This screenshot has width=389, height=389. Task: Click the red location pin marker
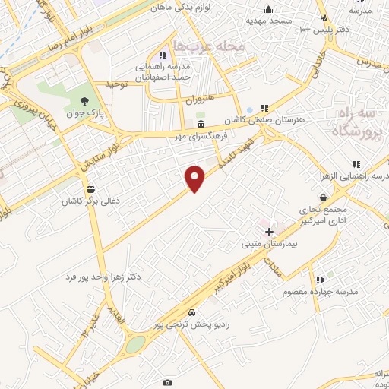pos(195,178)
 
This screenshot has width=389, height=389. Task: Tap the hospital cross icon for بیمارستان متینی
pos(268,231)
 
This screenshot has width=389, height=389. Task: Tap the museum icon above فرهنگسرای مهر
pos(201,124)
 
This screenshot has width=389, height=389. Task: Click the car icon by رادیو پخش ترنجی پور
pos(191,312)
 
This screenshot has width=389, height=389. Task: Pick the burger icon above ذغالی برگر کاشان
pos(91,189)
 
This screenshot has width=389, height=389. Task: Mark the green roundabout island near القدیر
pos(134,344)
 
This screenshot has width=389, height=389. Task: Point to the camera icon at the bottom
pos(167,381)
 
